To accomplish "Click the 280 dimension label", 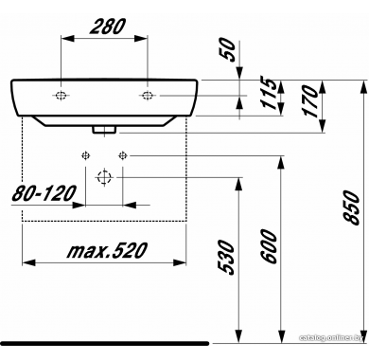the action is coord(107,27).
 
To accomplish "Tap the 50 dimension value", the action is coord(228,50).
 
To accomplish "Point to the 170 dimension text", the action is coord(309,101).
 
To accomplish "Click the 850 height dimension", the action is coord(351,207).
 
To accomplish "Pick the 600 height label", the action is coord(269,247).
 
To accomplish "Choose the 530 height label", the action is coord(227,258).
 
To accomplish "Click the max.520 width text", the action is coord(107,251).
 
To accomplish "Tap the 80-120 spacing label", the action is coord(44,193).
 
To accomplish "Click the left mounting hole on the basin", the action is coord(61,95).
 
